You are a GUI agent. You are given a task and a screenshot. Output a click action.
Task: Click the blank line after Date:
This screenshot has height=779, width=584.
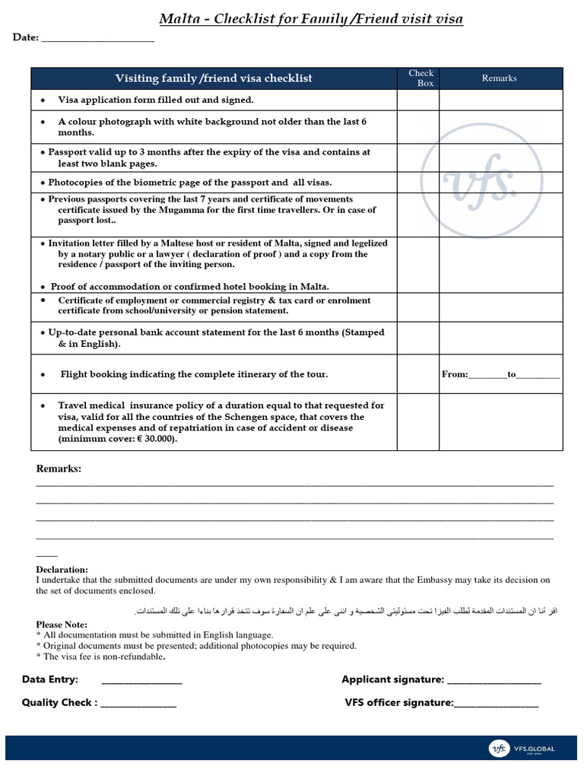(x=97, y=38)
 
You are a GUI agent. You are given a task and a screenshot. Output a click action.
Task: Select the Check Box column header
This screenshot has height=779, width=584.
(x=421, y=78)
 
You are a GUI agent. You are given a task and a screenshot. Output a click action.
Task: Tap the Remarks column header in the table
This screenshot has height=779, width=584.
(x=500, y=78)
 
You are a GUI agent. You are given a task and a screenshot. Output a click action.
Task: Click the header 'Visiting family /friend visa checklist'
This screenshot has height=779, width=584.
(x=213, y=78)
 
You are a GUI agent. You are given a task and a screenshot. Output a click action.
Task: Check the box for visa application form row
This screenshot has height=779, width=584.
(x=417, y=100)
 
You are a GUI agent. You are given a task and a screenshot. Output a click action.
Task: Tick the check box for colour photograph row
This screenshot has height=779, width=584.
(x=417, y=127)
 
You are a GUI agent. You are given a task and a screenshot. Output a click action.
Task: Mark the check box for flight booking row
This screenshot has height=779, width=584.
(x=417, y=374)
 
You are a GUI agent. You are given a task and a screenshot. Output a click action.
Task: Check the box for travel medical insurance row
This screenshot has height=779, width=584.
(x=417, y=422)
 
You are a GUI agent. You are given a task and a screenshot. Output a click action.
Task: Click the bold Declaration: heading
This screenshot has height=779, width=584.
(x=62, y=570)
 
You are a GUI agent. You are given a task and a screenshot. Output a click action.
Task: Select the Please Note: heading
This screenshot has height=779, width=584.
(x=62, y=625)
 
